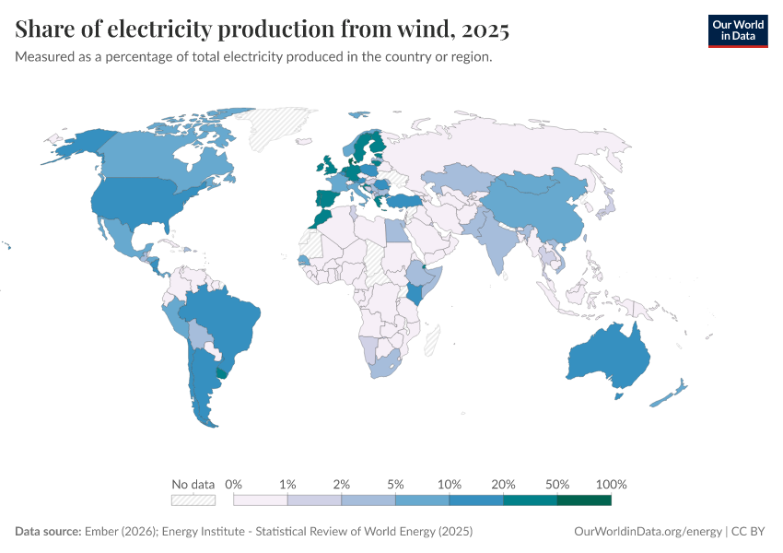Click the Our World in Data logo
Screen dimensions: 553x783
coord(737,30)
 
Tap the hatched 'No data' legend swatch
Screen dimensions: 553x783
coord(193,500)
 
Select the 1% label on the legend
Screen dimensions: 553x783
coord(287,484)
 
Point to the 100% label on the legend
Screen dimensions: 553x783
coord(611,484)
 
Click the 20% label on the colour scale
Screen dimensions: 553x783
coord(503,484)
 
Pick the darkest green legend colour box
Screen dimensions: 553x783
coord(584,500)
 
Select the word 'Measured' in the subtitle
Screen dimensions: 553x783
coord(44,57)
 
